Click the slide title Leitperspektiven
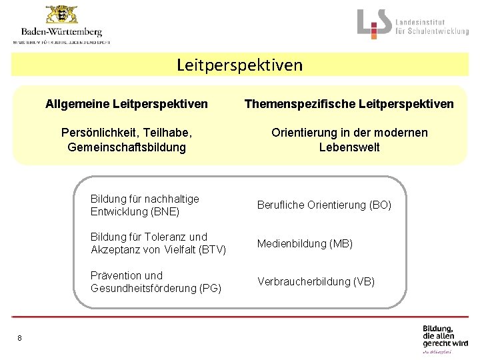[x=239, y=65]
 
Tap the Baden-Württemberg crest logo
[x=61, y=15]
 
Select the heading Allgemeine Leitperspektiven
[x=127, y=104]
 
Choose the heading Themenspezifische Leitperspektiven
[x=349, y=104]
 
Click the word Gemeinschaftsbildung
[x=127, y=147]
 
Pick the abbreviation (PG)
[x=207, y=288]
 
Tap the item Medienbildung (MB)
[x=305, y=243]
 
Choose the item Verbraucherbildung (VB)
[x=316, y=281]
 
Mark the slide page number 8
[x=20, y=338]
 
